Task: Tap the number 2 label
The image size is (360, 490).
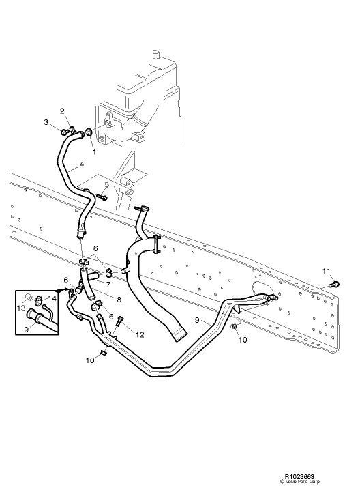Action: pyautogui.click(x=62, y=111)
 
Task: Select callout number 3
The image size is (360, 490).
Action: pyautogui.click(x=47, y=123)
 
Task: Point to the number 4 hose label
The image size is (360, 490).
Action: pyautogui.click(x=81, y=164)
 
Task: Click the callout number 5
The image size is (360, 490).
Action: pyautogui.click(x=106, y=185)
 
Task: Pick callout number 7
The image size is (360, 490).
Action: pyautogui.click(x=108, y=282)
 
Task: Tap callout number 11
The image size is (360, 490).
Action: pyautogui.click(x=326, y=272)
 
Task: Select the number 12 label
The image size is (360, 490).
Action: pyautogui.click(x=140, y=334)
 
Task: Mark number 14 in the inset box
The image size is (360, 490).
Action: pyautogui.click(x=52, y=298)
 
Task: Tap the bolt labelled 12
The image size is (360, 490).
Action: pyautogui.click(x=121, y=320)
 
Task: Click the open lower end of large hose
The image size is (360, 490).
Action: pyautogui.click(x=179, y=335)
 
